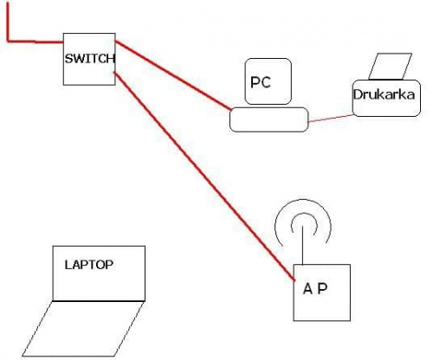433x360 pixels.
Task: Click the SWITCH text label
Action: pyautogui.click(x=90, y=59)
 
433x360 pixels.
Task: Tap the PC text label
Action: pyautogui.click(x=261, y=82)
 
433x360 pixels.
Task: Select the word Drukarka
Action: pyautogui.click(x=384, y=94)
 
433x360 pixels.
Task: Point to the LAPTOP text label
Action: pyautogui.click(x=89, y=265)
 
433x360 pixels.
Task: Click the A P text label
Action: pyautogui.click(x=315, y=288)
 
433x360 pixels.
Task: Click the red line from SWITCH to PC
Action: pyautogui.click(x=173, y=75)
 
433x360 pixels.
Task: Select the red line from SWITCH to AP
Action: pyautogui.click(x=204, y=176)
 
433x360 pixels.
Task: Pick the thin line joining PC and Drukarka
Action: pyautogui.click(x=332, y=119)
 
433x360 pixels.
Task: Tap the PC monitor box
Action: pyautogui.click(x=268, y=81)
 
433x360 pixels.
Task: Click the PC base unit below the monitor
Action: pyautogui.click(x=269, y=119)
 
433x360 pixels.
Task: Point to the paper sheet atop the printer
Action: pyautogui.click(x=390, y=66)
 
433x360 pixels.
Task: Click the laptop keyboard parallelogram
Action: pyautogui.click(x=83, y=329)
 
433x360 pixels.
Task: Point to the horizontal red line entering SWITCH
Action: pyautogui.click(x=36, y=42)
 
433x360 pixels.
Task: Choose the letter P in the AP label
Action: pyautogui.click(x=323, y=288)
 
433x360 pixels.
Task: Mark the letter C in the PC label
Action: pyautogui.click(x=267, y=82)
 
